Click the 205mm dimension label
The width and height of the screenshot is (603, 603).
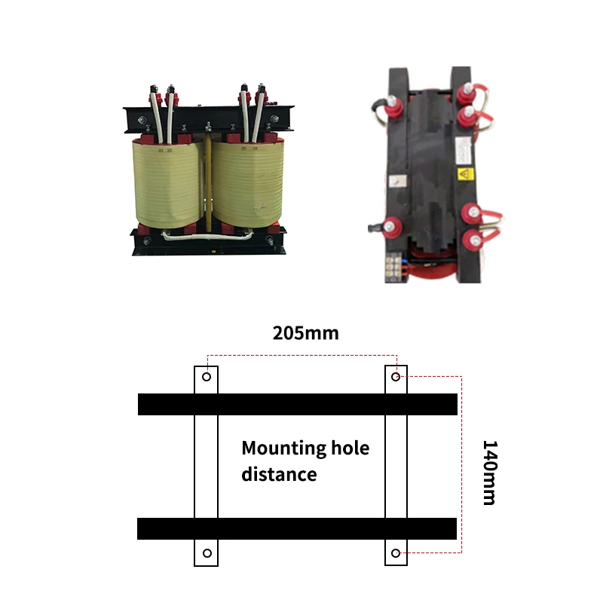click(x=305, y=332)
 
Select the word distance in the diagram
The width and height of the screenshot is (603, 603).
click(x=279, y=474)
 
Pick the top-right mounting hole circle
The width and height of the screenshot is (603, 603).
click(x=396, y=375)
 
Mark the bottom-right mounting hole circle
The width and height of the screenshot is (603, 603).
click(x=396, y=553)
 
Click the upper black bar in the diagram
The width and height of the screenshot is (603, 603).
click(x=298, y=404)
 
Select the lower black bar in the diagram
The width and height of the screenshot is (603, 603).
click(x=298, y=528)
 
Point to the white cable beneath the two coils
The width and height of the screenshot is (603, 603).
click(x=207, y=235)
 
